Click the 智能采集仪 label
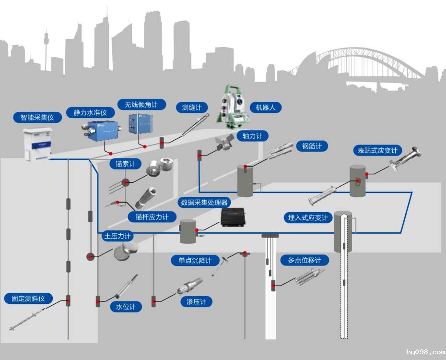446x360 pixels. click(x=37, y=117)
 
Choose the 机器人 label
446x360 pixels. click(x=266, y=108)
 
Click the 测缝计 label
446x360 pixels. click(x=192, y=108)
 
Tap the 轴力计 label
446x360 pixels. click(x=253, y=136)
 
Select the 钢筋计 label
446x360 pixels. click(x=312, y=146)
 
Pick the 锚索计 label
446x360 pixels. click(x=126, y=164)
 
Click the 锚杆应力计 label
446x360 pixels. click(x=149, y=217)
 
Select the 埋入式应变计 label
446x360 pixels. click(x=307, y=218)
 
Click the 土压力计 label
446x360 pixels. click(x=117, y=236)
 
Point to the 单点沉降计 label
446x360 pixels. click(x=196, y=261)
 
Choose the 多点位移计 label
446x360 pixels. click(x=305, y=261)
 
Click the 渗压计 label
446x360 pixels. click(x=197, y=302)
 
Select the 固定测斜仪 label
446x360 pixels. click(x=28, y=299)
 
